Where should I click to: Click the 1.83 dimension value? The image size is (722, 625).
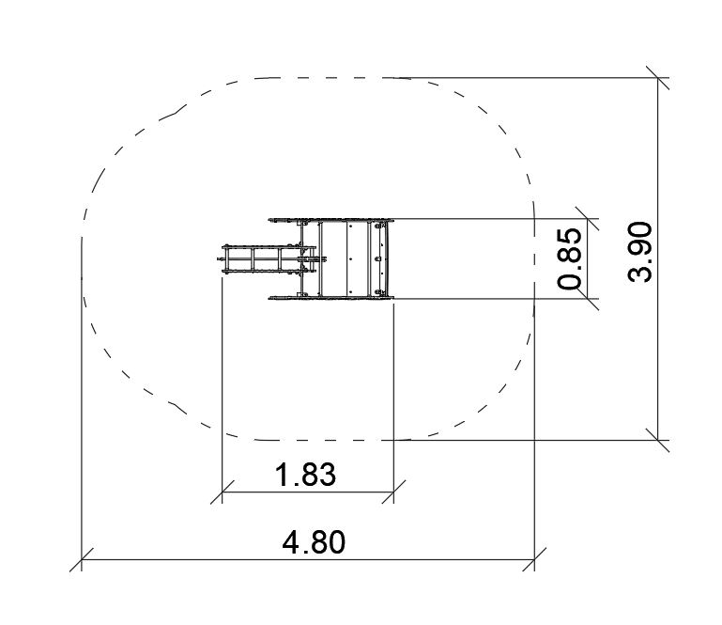pos(305,475)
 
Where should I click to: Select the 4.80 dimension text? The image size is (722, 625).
pos(313,542)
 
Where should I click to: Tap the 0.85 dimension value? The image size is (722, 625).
pos(569,258)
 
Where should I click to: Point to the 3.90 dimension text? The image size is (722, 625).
pos(639,252)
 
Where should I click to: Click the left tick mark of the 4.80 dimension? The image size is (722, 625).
pos(82,559)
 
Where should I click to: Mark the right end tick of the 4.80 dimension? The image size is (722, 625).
pos(534,559)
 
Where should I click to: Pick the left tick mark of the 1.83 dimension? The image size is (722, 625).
pos(222,492)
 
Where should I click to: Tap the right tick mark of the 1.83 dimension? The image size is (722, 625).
pos(393,492)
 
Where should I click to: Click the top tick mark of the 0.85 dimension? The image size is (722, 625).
pos(587,218)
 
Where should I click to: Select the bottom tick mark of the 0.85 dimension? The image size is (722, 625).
pos(587,298)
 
